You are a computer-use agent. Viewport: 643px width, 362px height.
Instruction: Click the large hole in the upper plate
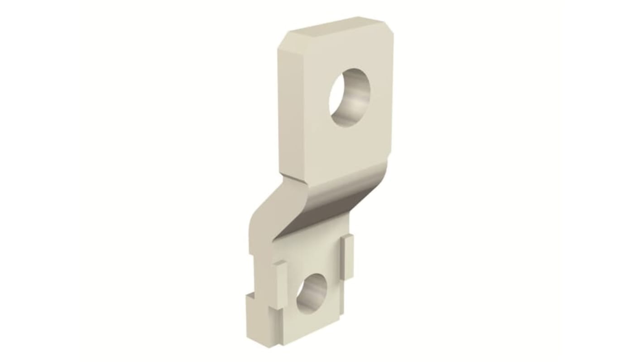point(350,97)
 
